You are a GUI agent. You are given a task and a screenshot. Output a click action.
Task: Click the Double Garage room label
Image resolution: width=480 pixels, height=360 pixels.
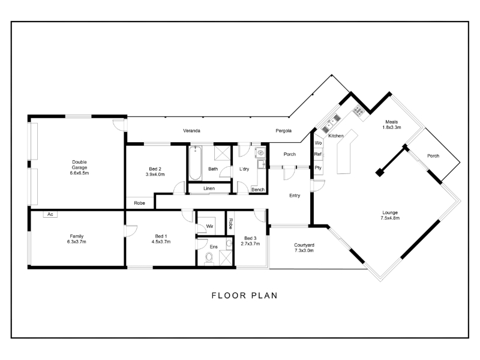(x=80, y=164)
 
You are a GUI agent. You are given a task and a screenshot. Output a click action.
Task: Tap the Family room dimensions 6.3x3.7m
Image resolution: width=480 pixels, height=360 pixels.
(x=77, y=242)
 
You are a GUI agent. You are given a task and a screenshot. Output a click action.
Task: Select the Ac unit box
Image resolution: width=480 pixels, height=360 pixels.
(x=50, y=214)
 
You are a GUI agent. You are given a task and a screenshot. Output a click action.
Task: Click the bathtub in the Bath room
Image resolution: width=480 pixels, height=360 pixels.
(x=195, y=163)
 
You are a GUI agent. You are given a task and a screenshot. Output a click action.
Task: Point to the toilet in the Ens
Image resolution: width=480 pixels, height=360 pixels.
(x=209, y=257)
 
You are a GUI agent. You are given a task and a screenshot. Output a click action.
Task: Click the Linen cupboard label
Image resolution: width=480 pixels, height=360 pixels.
(x=209, y=188)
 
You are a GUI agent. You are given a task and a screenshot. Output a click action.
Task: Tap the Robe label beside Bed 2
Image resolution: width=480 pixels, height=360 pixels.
(x=139, y=203)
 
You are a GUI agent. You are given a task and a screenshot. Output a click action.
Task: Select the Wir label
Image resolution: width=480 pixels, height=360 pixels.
(x=209, y=226)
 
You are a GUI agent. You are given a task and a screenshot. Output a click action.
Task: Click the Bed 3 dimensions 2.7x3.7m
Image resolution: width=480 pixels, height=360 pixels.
(x=250, y=244)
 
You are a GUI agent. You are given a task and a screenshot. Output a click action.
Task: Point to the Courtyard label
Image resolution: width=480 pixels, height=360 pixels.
(x=304, y=245)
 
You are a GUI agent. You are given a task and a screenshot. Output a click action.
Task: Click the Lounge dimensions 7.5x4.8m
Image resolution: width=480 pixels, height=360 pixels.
(x=390, y=218)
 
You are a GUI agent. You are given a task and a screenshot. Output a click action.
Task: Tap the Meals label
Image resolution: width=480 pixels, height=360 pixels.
(x=392, y=122)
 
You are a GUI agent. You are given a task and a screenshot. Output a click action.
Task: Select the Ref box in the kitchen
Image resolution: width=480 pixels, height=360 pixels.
(x=318, y=154)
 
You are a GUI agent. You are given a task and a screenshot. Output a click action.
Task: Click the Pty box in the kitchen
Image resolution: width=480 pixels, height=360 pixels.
(x=318, y=168)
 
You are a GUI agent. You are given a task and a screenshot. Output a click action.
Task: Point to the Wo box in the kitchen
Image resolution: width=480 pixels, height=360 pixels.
(x=318, y=143)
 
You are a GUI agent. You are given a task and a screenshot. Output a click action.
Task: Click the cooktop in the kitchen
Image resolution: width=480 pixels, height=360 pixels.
(x=358, y=111)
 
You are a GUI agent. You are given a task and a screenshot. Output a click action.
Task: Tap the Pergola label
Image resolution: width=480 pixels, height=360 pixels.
(x=283, y=131)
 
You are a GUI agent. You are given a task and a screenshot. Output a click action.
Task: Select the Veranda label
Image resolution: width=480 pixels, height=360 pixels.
(x=191, y=131)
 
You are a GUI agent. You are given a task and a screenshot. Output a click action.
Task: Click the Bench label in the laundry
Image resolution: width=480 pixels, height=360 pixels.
(x=258, y=190)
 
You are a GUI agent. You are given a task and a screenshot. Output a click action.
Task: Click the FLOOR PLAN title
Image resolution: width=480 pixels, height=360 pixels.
(x=245, y=295)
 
